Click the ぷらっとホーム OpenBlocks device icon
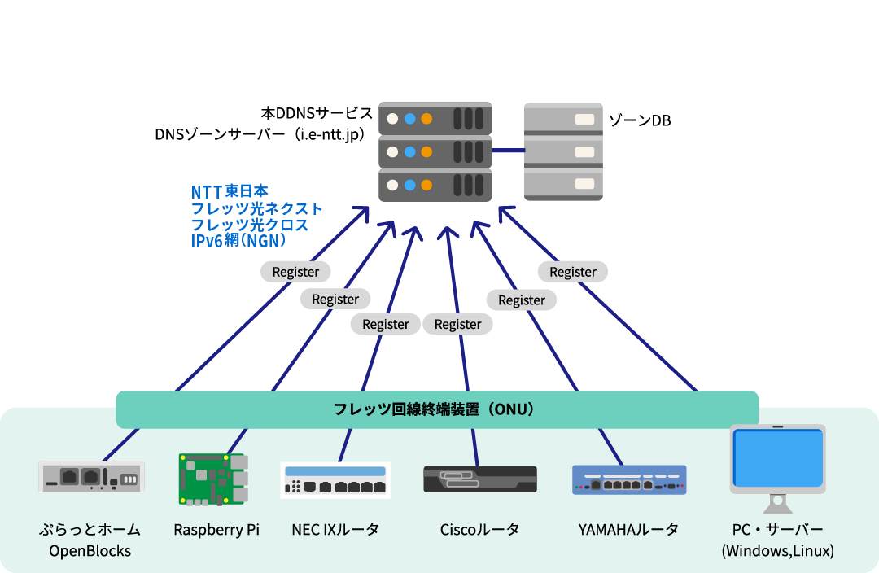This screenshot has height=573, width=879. tap(91, 477)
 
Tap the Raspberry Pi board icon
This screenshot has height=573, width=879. tap(212, 479)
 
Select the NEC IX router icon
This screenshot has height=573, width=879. tap(335, 480)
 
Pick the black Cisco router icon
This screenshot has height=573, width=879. tap(479, 479)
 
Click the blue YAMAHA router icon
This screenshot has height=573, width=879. tap(629, 480)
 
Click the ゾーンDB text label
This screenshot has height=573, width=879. tap(640, 120)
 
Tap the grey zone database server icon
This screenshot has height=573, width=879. tap(563, 151)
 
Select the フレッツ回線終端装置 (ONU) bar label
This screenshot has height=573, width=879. tap(435, 409)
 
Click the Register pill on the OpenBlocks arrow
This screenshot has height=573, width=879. tap(295, 272)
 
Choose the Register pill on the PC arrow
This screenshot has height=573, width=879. tap(573, 272)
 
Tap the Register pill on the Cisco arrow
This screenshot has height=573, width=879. tap(457, 324)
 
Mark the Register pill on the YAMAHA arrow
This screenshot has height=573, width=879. tap(522, 300)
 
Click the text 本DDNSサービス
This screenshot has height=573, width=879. tap(317, 112)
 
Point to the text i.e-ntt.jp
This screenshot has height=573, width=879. tap(329, 133)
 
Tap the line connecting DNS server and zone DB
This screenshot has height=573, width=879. tap(508, 150)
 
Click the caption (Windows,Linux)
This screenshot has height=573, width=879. tap(777, 551)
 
